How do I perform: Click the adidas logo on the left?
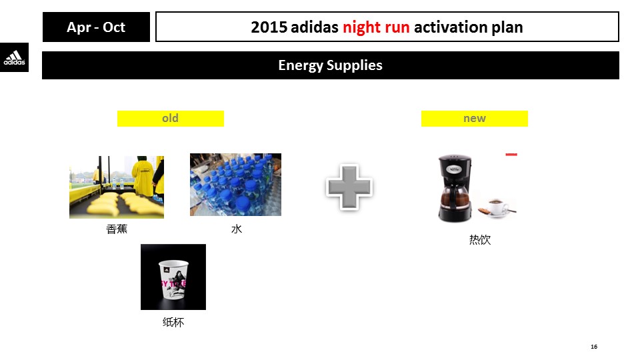(x=14, y=57)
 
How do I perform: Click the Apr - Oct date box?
(x=96, y=27)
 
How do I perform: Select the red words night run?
(x=376, y=27)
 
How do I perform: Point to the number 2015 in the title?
(x=269, y=27)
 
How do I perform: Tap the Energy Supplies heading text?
(x=330, y=65)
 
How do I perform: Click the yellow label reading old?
(x=171, y=119)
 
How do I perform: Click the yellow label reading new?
(x=474, y=119)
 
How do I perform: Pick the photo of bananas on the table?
(x=117, y=187)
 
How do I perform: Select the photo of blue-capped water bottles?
(x=235, y=185)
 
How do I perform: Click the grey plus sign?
(x=349, y=187)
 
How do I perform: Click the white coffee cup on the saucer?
(x=497, y=207)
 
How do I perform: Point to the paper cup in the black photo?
(x=173, y=279)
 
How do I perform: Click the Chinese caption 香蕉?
(x=117, y=229)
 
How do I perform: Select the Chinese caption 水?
(x=237, y=229)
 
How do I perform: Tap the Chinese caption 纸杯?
(x=173, y=323)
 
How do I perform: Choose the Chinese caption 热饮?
(x=480, y=239)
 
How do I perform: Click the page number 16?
(x=594, y=347)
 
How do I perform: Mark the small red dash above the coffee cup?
(x=511, y=154)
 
